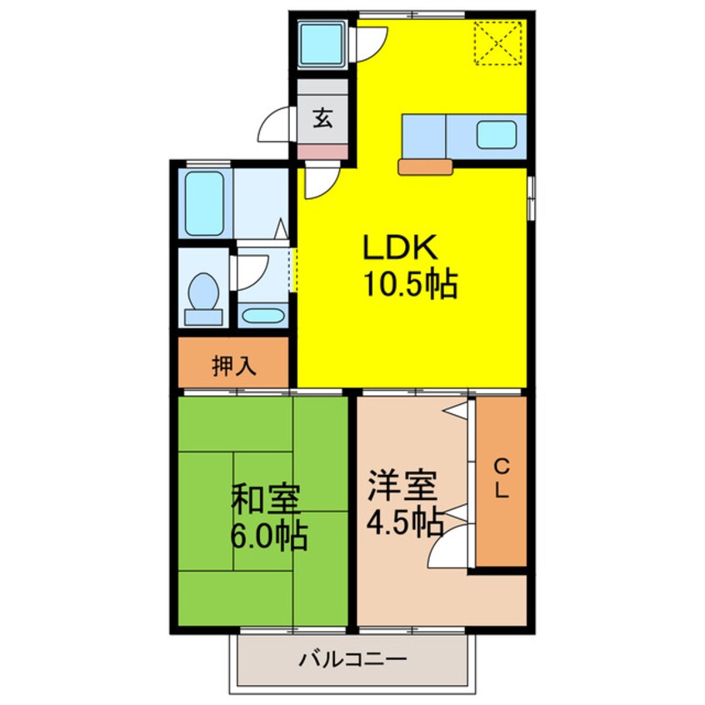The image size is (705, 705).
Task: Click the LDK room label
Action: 398,248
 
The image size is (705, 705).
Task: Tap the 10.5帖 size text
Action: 409,286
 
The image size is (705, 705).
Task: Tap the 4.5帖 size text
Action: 404,522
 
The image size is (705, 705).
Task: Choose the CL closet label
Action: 501,479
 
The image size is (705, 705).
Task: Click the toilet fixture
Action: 203,297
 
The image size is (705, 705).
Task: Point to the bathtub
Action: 204,204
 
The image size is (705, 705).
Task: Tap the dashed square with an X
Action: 497,42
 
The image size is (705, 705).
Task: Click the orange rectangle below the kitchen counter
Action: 425,167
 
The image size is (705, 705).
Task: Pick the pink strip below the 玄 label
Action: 322,152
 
